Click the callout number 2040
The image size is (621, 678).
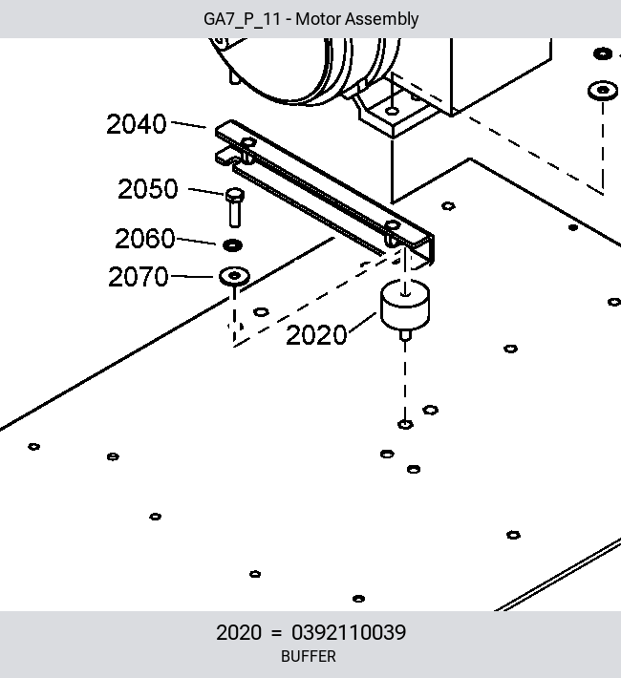[x=137, y=124]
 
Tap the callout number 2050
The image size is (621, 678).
[x=147, y=189]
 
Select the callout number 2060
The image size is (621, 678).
[x=145, y=238]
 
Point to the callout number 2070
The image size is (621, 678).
[x=138, y=277]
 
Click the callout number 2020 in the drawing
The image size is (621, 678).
[x=316, y=335]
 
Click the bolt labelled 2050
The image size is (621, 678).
[x=235, y=208]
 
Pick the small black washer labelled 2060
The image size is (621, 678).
[x=232, y=245]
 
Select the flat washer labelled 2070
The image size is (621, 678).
[x=234, y=276]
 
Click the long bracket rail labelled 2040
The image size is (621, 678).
[x=325, y=192]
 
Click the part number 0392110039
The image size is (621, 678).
[x=349, y=632]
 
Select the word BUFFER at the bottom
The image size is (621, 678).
[x=309, y=656]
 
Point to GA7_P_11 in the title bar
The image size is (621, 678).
[x=242, y=19]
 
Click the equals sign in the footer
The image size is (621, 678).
[x=276, y=633]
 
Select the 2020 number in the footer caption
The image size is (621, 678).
[x=239, y=632]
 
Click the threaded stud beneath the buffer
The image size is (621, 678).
[x=405, y=335]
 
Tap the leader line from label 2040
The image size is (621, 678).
[x=188, y=124]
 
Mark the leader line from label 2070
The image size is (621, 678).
[x=193, y=276]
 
